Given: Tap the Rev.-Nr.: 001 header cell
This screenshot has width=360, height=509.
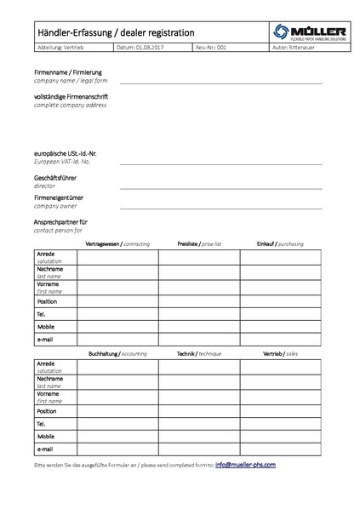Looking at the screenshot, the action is click(x=212, y=49).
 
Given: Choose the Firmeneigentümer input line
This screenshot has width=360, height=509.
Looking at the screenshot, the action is click(x=221, y=207).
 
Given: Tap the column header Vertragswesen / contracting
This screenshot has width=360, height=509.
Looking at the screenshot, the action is click(x=118, y=243).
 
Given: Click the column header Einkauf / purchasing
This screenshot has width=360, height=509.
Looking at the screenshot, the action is click(x=279, y=243).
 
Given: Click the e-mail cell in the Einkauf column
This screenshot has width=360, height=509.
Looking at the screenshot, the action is click(x=280, y=339).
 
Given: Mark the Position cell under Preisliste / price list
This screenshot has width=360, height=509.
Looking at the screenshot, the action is click(x=199, y=301).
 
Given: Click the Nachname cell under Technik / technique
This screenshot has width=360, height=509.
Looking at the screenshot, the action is click(x=199, y=380).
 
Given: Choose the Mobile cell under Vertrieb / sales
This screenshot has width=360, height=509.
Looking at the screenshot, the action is click(x=280, y=436).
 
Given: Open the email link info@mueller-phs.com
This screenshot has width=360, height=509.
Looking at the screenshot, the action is click(x=245, y=465).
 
